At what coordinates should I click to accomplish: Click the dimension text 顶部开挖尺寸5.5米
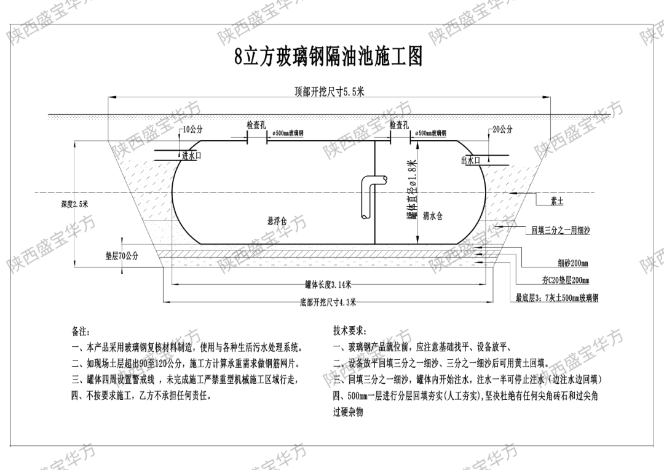click(330, 92)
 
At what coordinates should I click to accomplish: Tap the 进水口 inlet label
click(192, 156)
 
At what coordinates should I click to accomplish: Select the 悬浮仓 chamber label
click(277, 220)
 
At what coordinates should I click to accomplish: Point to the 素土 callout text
click(556, 201)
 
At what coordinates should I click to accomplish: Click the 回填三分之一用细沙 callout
click(561, 231)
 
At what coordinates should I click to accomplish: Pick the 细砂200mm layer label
click(573, 264)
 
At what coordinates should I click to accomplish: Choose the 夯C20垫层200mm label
click(566, 281)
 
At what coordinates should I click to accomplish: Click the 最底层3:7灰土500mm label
click(557, 298)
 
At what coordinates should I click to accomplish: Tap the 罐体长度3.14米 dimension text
click(328, 284)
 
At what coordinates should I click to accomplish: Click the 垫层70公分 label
click(122, 256)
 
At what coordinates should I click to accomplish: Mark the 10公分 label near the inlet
click(192, 130)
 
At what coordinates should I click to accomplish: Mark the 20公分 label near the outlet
click(502, 130)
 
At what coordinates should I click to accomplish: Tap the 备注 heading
click(81, 332)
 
